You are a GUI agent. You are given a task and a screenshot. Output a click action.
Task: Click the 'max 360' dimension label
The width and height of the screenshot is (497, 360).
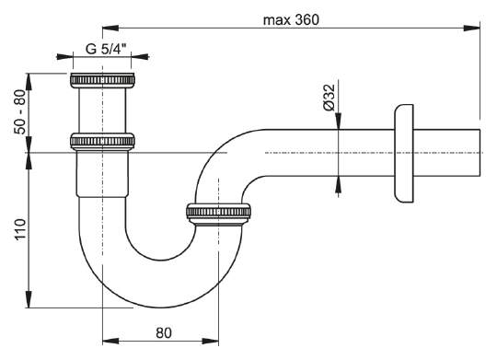point(291,20)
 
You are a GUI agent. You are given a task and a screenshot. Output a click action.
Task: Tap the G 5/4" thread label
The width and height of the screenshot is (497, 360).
point(106,49)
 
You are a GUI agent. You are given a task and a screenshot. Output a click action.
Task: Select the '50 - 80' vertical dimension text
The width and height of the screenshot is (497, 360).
point(19,112)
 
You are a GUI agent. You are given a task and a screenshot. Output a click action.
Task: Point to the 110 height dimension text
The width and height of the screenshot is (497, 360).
point(19,229)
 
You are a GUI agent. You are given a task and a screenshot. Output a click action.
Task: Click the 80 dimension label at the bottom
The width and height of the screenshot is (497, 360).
point(164,332)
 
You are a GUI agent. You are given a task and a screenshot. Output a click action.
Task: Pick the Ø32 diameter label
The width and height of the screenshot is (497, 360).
point(329,98)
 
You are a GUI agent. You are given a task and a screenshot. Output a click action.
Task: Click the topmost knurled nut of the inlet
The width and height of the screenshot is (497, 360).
point(102,80)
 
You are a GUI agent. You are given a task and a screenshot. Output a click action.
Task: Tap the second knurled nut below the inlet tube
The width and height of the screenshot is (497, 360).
point(102,142)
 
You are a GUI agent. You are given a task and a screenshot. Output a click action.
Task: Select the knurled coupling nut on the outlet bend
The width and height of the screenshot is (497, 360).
point(218,213)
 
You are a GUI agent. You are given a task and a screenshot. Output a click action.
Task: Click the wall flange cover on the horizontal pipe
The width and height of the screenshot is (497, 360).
point(404,153)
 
